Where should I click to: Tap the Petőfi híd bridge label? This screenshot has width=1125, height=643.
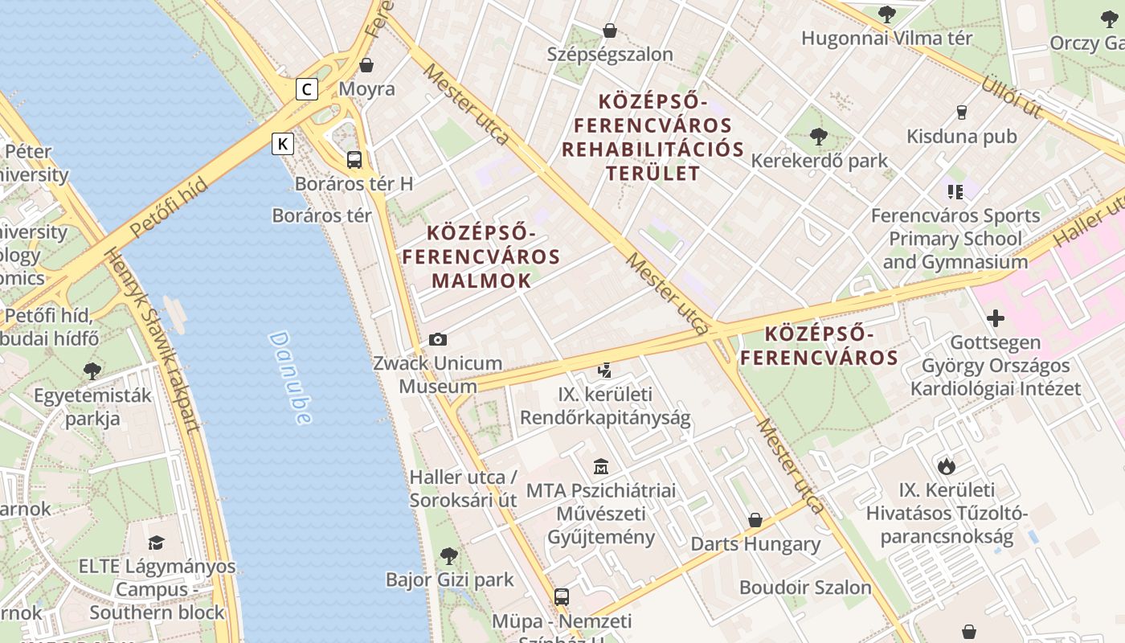click(169, 207)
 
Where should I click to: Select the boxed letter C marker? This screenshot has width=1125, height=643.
click(306, 89)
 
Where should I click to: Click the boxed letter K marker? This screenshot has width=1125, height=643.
click(283, 144)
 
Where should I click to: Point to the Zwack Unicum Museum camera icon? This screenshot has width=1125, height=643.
click(438, 339)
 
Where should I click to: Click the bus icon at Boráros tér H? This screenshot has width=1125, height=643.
click(354, 159)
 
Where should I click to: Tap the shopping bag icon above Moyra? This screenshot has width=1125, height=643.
click(366, 65)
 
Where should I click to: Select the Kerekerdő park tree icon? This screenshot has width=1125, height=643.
click(819, 137)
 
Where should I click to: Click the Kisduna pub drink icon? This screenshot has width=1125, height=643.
click(961, 113)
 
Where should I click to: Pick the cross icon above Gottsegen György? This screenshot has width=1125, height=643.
click(996, 318)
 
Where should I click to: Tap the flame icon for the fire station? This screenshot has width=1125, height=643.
click(947, 465)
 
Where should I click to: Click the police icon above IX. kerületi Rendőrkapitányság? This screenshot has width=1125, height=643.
click(605, 371)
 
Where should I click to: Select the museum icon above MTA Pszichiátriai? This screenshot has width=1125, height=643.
click(600, 466)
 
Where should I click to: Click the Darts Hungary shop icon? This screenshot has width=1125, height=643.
click(755, 520)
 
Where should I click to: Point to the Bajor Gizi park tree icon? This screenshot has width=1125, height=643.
click(449, 555)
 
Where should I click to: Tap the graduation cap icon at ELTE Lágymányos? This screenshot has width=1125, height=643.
click(157, 543)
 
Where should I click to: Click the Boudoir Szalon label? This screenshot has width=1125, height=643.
click(805, 588)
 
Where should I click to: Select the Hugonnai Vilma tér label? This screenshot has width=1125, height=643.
click(886, 38)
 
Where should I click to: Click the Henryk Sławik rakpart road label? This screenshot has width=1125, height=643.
click(153, 342)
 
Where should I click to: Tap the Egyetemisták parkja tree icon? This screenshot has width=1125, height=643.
click(92, 371)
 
